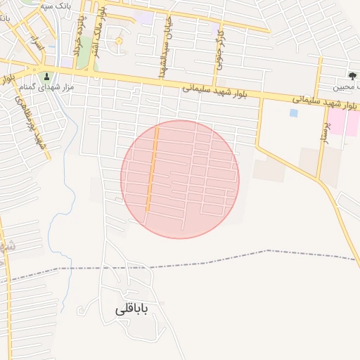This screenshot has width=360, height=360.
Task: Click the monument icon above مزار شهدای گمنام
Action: coord(47,77)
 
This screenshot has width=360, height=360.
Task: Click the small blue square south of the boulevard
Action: coord(293,112)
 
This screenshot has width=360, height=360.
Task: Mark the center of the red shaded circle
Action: coord(180,179)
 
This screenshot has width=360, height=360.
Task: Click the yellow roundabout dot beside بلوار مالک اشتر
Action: coord(119,41)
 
